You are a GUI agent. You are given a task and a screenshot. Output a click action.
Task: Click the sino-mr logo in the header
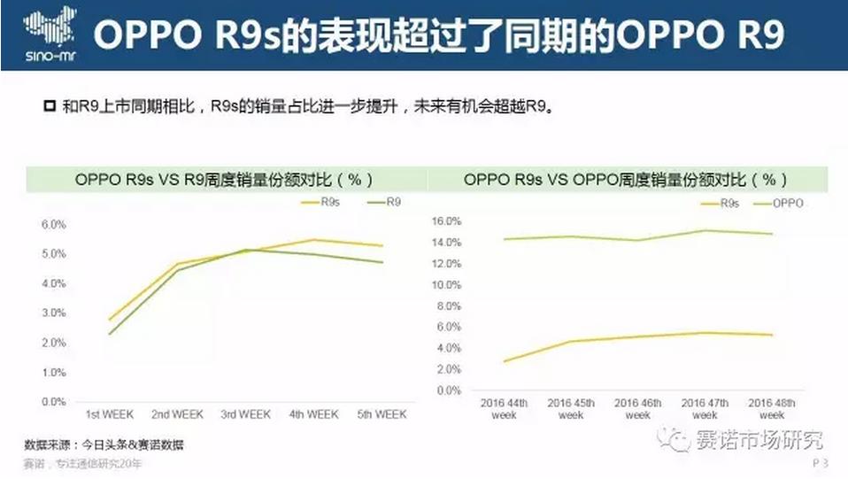click(43, 35)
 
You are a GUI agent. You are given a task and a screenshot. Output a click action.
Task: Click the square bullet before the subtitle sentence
click(50, 107)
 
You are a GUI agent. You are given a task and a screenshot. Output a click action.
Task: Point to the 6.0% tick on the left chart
click(54, 224)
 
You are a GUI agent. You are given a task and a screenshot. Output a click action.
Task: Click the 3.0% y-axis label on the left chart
click(54, 313)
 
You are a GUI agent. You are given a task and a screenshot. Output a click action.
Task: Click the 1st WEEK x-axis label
click(110, 414)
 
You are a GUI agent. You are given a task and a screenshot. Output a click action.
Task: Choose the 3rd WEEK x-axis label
click(245, 414)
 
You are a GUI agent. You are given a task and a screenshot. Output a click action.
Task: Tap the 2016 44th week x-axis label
click(504, 409)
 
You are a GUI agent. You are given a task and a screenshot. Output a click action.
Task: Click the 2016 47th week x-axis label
click(705, 409)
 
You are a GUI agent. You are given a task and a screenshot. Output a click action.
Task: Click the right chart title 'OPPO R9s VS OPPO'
click(625, 179)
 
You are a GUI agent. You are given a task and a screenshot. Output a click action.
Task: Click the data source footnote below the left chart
click(104, 444)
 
